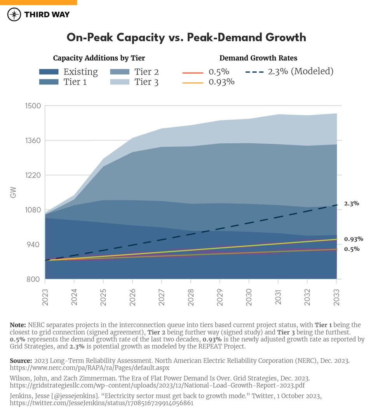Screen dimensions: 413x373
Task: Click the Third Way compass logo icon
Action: (14, 15)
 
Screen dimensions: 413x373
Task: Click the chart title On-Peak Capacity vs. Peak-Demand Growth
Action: (186, 37)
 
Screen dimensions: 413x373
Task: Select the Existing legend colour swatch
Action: (49, 72)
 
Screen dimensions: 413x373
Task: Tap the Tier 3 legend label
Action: (146, 82)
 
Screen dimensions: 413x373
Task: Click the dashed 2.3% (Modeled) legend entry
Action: (290, 71)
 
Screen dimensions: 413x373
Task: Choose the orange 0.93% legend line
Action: (193, 83)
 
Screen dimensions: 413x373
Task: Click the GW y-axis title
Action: (14, 193)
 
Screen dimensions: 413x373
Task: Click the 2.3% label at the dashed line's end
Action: (351, 203)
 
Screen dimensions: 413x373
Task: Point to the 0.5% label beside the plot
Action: (351, 249)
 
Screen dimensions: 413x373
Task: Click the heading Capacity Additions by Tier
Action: (99, 58)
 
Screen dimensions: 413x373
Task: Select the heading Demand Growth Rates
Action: (258, 58)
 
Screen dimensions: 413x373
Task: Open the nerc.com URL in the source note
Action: (89, 367)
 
